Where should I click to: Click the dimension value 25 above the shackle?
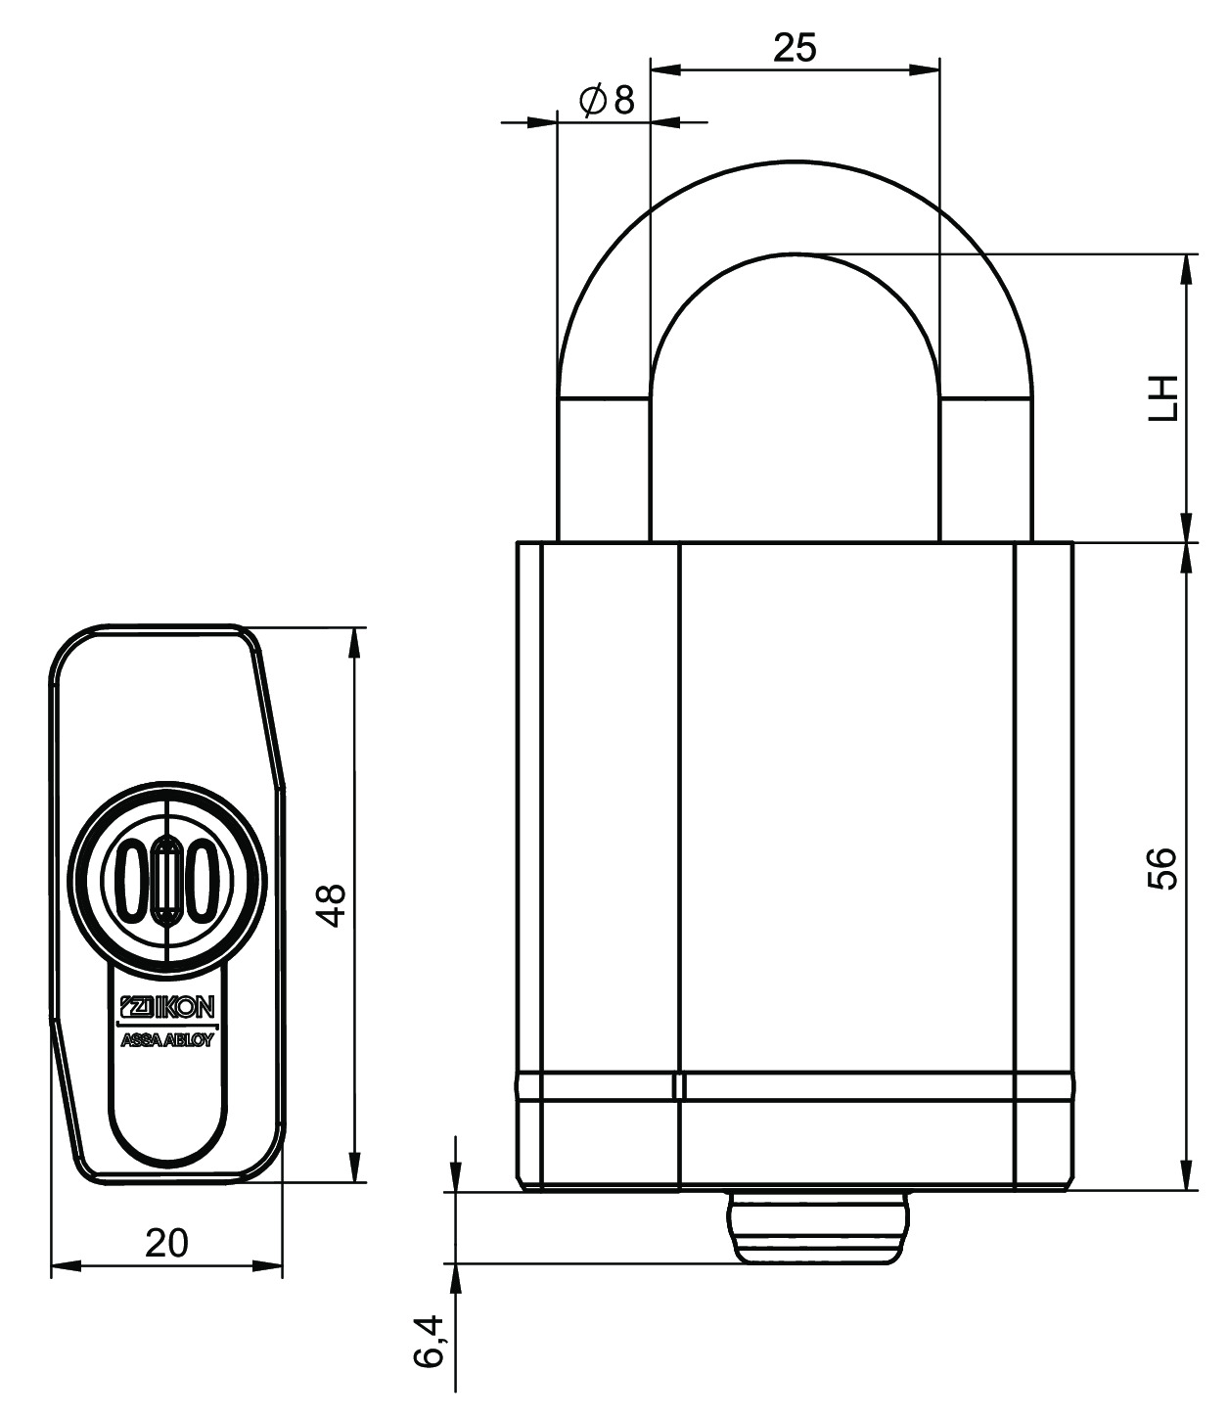click(795, 48)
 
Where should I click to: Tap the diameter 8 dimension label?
click(607, 101)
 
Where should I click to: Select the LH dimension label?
click(1162, 398)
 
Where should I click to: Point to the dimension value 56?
click(1162, 868)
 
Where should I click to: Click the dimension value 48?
click(335, 905)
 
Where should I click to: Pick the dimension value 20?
click(166, 1243)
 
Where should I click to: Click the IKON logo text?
click(166, 1007)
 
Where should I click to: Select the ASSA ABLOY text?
click(166, 1040)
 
